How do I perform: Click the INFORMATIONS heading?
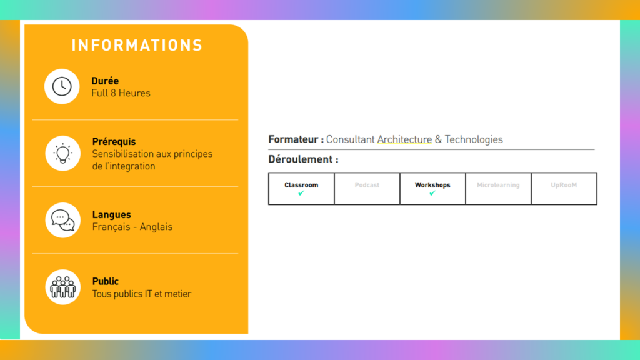point(137,45)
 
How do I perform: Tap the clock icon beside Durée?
point(62,86)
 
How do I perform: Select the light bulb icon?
point(63,154)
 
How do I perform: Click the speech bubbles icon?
point(63,221)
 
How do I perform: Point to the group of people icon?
point(63,287)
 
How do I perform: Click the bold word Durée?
point(105,81)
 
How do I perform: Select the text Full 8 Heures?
point(121,93)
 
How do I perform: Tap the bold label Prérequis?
point(114,142)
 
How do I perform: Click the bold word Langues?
point(111,215)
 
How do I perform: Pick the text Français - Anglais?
point(132,227)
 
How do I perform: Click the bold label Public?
point(105,282)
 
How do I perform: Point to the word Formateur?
point(293,139)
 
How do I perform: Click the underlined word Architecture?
point(404,139)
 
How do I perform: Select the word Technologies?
point(474,139)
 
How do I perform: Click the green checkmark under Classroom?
point(301,193)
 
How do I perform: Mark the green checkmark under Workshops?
point(432,193)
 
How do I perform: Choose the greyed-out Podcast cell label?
point(367,185)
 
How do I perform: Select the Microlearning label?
point(498,185)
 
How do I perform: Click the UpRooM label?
point(564,185)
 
